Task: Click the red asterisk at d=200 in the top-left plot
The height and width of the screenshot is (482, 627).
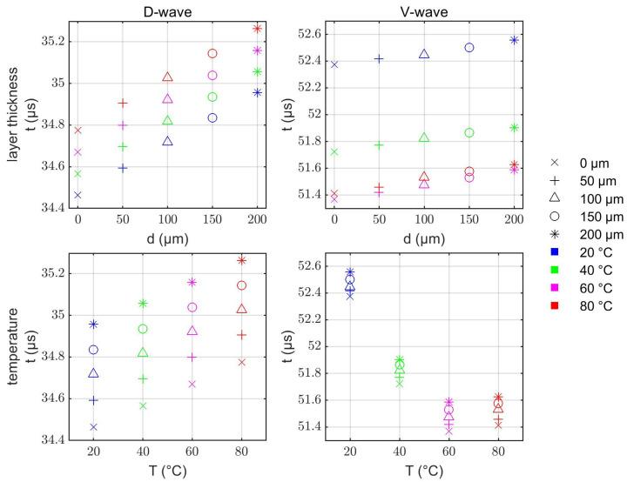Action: tap(258, 29)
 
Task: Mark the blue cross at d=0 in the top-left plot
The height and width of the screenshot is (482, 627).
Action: tap(78, 195)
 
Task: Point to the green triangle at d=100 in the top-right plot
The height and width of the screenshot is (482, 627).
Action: tap(424, 137)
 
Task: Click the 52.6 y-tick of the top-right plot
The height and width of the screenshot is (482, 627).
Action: tap(310, 34)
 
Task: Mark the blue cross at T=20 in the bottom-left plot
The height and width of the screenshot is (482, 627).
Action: tap(93, 426)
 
